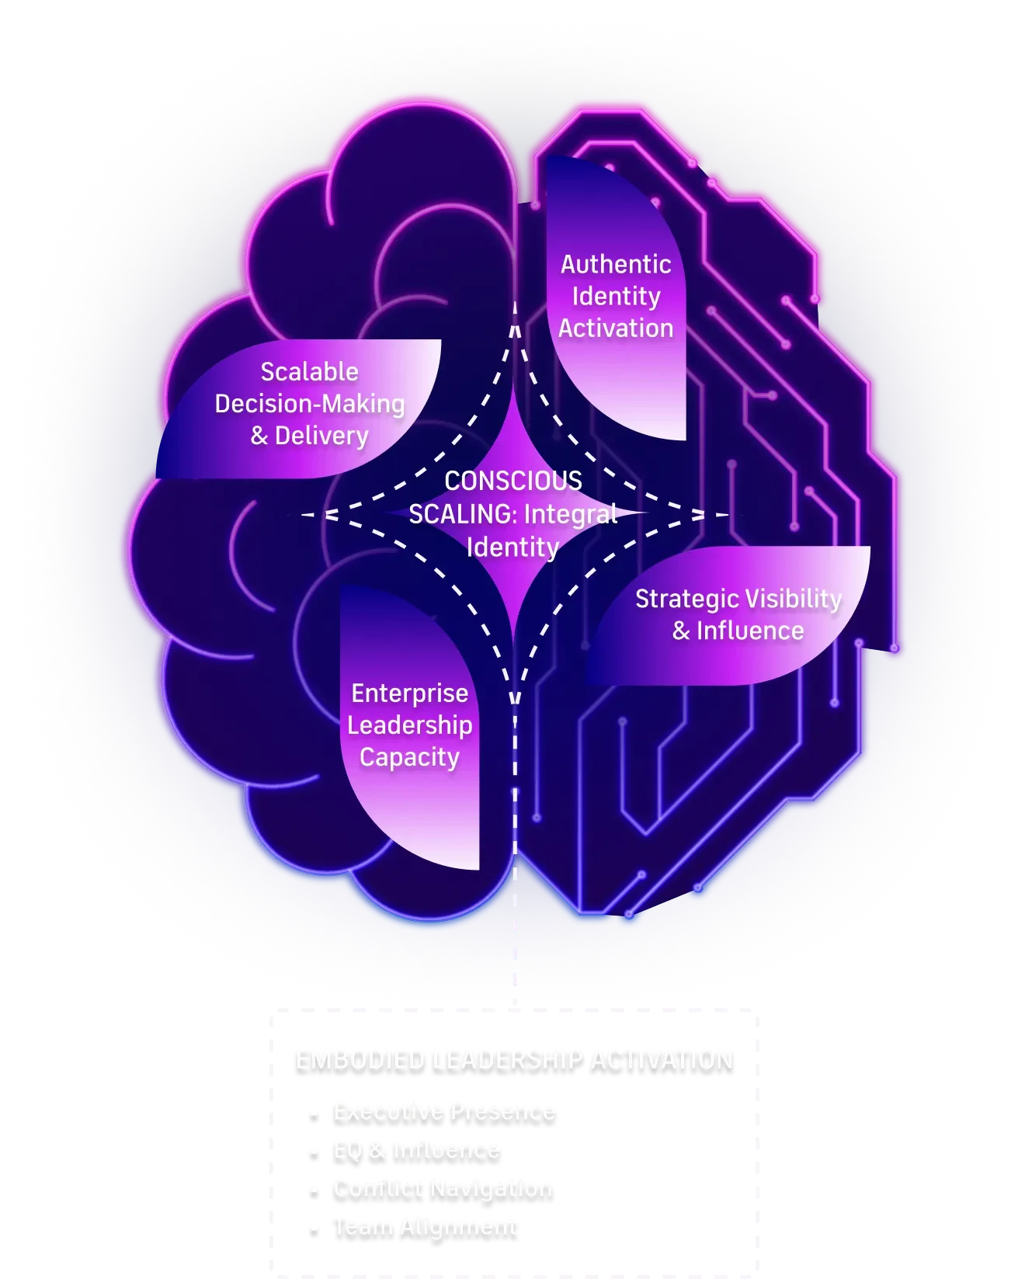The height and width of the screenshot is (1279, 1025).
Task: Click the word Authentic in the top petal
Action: click(616, 265)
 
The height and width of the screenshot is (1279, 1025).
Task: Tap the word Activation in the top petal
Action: click(616, 328)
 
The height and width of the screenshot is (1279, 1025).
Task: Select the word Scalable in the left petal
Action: click(309, 372)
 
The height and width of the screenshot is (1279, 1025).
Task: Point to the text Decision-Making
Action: click(309, 404)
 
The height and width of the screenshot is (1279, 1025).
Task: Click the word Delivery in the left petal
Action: click(321, 436)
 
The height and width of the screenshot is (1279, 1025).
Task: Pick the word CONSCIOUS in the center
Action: click(513, 481)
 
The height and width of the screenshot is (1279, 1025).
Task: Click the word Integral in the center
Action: click(571, 514)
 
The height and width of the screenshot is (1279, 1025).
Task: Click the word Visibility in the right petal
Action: click(791, 599)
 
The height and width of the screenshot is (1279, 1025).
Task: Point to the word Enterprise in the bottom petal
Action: click(409, 693)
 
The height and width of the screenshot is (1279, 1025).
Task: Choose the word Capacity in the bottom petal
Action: click(409, 757)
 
